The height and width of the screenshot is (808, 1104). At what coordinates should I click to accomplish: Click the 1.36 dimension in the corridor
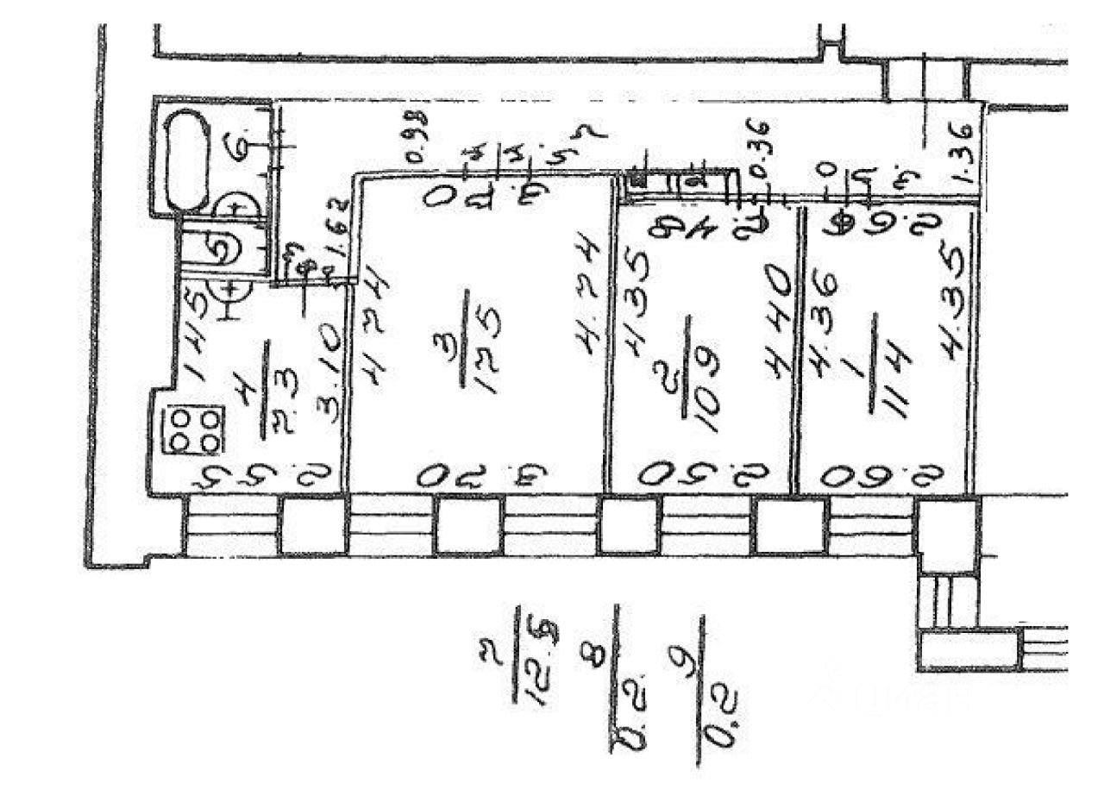(x=964, y=153)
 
